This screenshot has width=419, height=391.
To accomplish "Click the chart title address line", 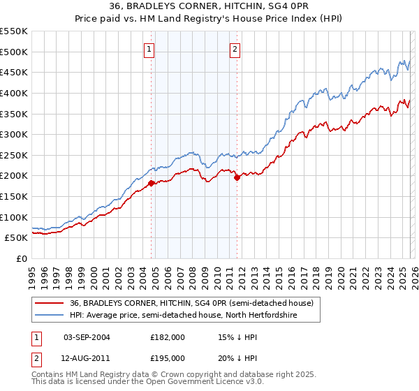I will pyautogui.click(x=209, y=7).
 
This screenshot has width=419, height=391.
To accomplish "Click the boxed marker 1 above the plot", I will pyautogui.click(x=150, y=49).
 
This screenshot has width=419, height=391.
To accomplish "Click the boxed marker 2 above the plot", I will pyautogui.click(x=235, y=49).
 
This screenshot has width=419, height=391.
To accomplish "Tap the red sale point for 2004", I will pyautogui.click(x=151, y=184).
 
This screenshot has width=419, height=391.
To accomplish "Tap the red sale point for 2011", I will pyautogui.click(x=237, y=177).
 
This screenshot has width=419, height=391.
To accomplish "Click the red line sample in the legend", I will pyautogui.click(x=49, y=303).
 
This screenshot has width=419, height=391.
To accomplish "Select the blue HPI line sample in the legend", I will pyautogui.click(x=49, y=315).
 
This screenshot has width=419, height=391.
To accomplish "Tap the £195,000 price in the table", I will pyautogui.click(x=168, y=357).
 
